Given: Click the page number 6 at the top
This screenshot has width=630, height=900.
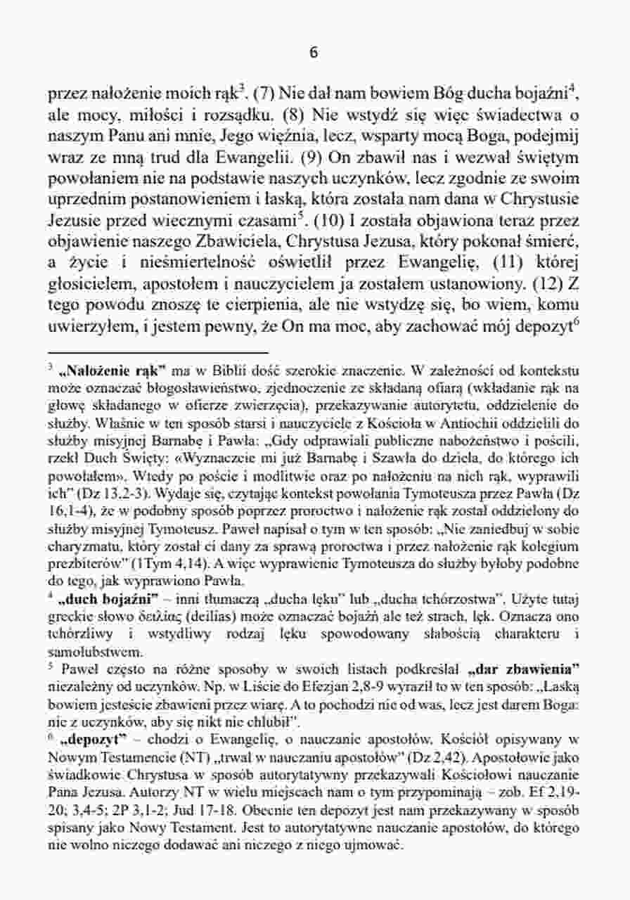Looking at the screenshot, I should tap(314, 53).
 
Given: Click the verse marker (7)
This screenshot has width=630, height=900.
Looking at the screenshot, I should tap(265, 92).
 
